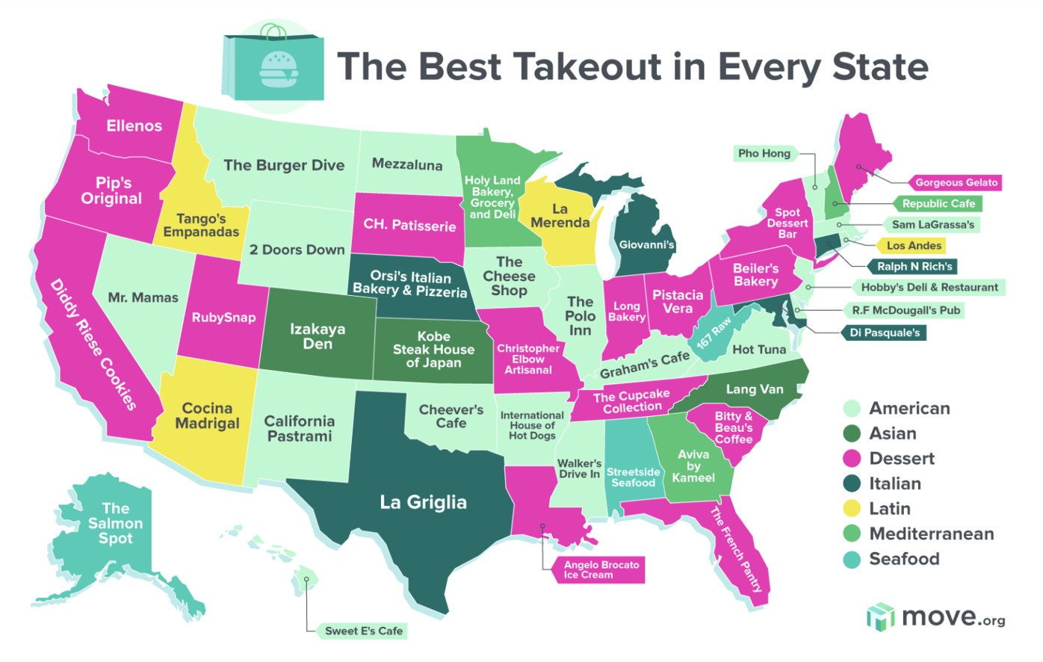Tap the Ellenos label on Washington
click(134, 126)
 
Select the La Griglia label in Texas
click(423, 502)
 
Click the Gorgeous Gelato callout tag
click(956, 182)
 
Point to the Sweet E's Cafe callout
click(364, 631)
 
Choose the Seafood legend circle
click(852, 559)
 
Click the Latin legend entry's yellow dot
click(852, 509)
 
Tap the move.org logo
click(935, 617)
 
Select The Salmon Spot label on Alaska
click(115, 523)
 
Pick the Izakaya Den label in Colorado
click(318, 336)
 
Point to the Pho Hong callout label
click(764, 153)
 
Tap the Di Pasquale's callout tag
click(885, 332)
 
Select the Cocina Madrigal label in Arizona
click(207, 415)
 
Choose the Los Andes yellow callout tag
click(913, 245)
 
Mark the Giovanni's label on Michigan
click(646, 244)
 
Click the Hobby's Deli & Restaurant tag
click(929, 287)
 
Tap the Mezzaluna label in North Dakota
click(406, 164)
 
